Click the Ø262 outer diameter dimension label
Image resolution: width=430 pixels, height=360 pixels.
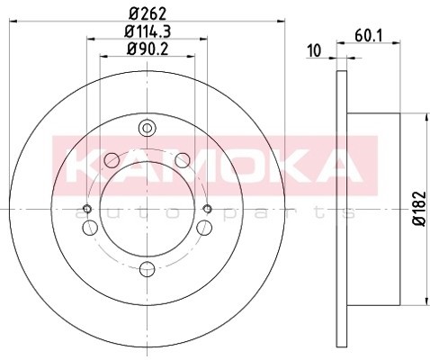point(147,13)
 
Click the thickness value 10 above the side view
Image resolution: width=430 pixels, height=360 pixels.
point(314,51)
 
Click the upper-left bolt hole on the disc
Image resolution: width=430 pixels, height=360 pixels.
point(112,162)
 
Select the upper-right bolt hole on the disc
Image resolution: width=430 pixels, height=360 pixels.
point(183,162)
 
